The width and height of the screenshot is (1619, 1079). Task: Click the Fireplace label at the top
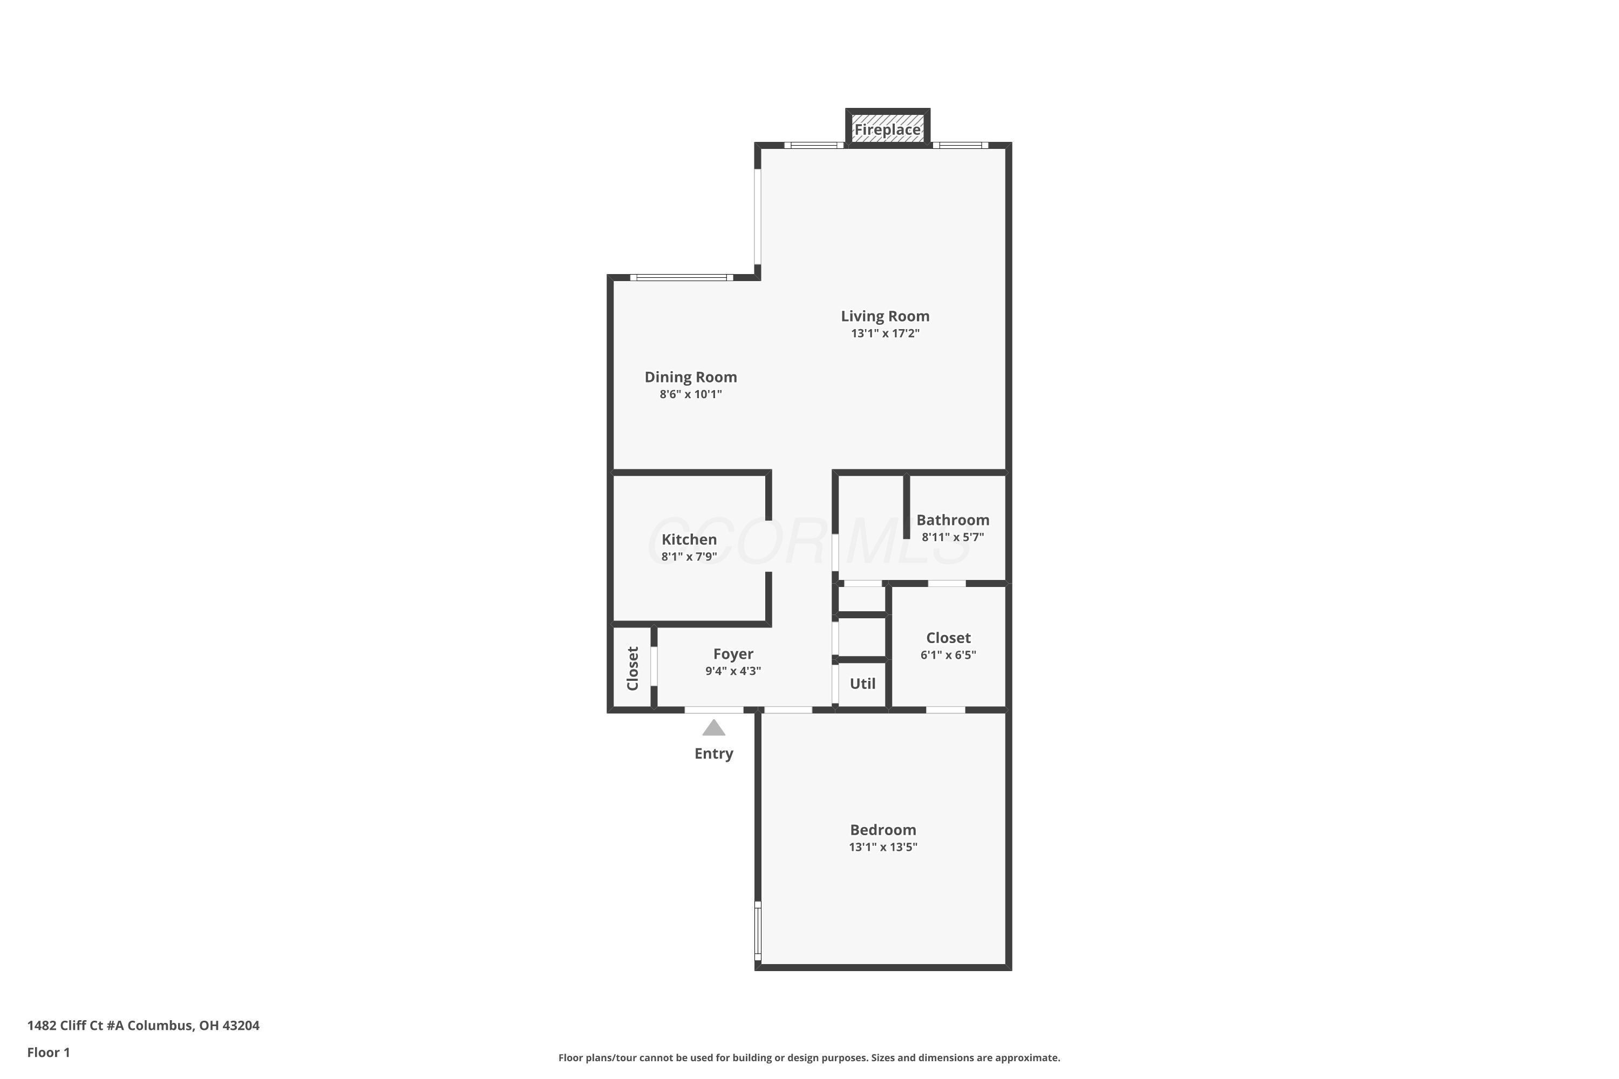point(887,129)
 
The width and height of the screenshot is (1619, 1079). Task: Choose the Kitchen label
point(689,539)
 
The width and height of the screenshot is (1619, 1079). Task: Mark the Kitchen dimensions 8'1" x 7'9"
point(689,557)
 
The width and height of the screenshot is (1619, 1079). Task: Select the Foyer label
point(733,654)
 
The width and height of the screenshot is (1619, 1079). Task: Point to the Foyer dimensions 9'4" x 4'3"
point(733,671)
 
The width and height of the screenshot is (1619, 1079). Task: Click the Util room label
point(862,684)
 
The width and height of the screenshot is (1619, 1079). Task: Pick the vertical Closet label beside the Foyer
point(632,668)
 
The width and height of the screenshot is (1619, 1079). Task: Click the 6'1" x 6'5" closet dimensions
point(949,655)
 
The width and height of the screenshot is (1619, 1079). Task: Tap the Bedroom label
point(883,830)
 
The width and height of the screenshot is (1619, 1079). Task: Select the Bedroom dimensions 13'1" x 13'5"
point(883,847)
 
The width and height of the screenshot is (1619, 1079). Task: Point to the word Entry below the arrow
point(714,754)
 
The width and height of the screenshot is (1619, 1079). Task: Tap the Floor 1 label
point(49,1052)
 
